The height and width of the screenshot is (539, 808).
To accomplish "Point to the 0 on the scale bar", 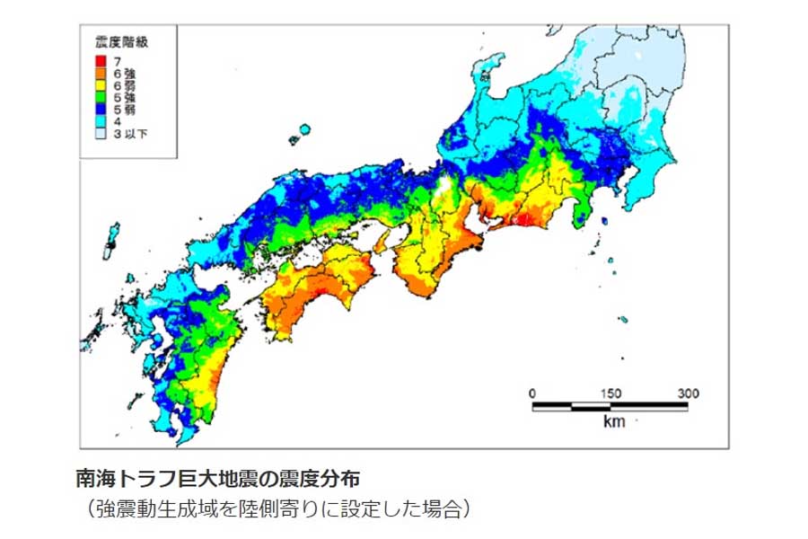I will pyautogui.click(x=532, y=393).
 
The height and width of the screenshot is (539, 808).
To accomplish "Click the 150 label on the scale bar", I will pyautogui.click(x=610, y=393).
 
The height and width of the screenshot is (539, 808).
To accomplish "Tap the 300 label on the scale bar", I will pyautogui.click(x=688, y=393).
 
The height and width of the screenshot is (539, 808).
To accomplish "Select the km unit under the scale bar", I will pyautogui.click(x=613, y=420).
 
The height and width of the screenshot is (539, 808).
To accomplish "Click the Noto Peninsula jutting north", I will pyautogui.click(x=489, y=76).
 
